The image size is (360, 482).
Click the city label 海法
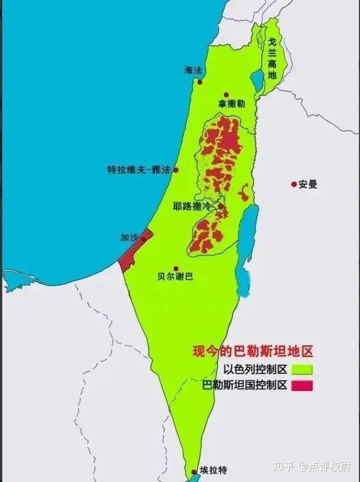pyautogui.click(x=193, y=70)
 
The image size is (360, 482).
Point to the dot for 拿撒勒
pyautogui.click(x=226, y=95)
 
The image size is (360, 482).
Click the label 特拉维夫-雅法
pyautogui.click(x=139, y=170)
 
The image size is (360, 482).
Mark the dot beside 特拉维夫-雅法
pyautogui.click(x=176, y=170)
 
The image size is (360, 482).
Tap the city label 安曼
pyautogui.click(x=307, y=184)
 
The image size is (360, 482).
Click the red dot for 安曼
pyautogui.click(x=294, y=184)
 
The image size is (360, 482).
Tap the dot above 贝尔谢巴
pyautogui.click(x=176, y=268)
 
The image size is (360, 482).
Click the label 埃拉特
pyautogui.click(x=213, y=470)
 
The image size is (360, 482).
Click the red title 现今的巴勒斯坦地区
pyautogui.click(x=253, y=352)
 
